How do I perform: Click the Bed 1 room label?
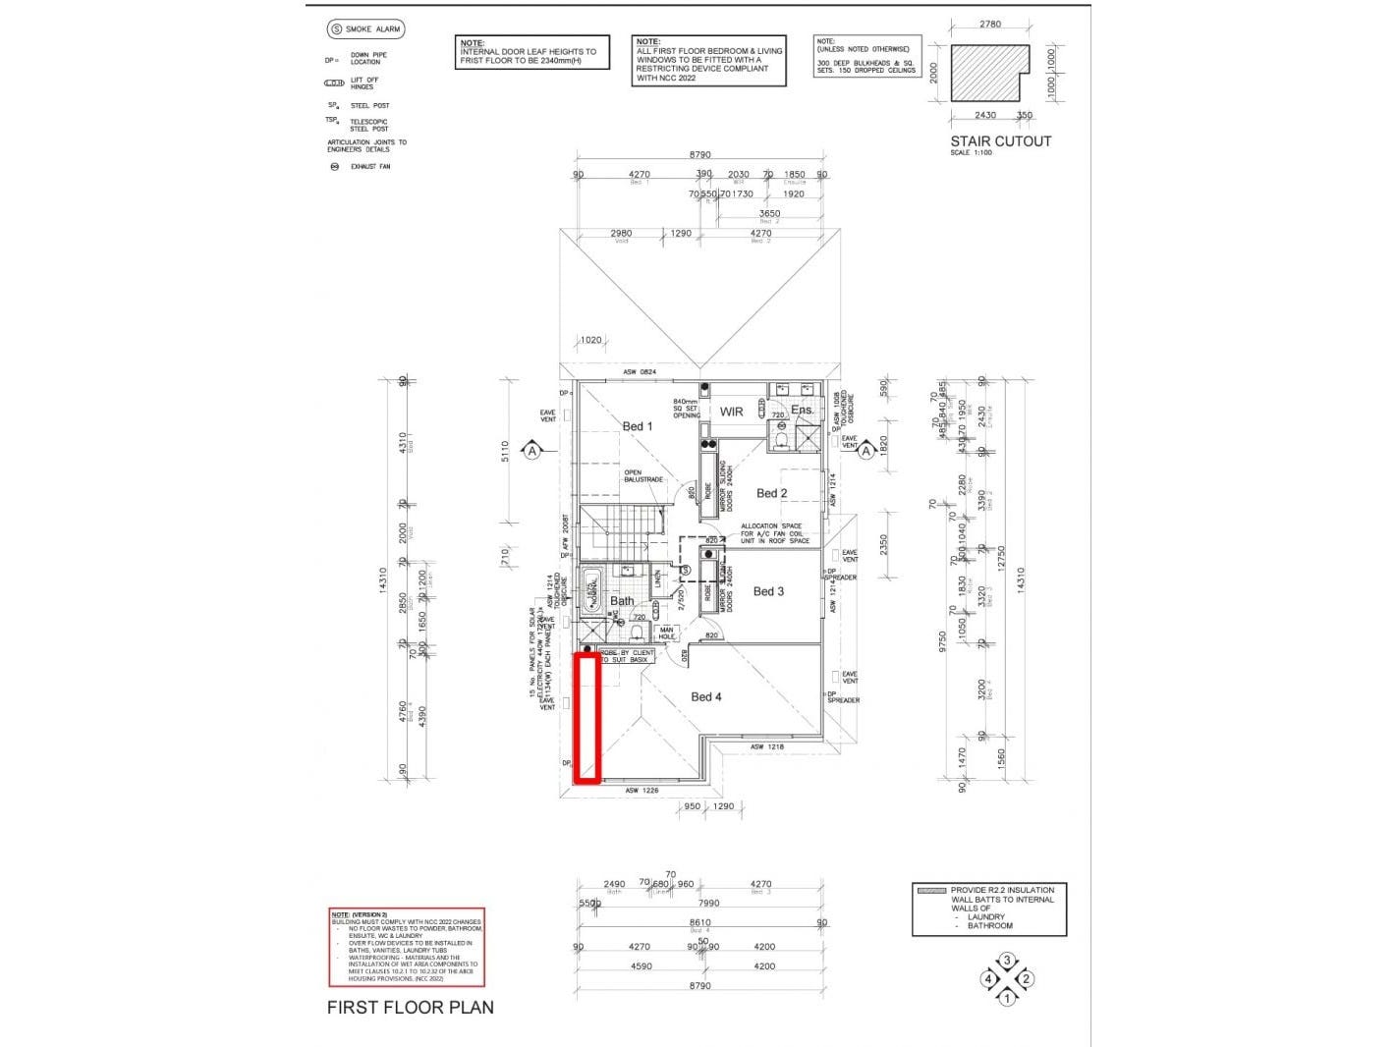tap(637, 426)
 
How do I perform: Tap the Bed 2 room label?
tap(771, 493)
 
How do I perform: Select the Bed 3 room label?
tap(768, 591)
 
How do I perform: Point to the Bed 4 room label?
tap(706, 696)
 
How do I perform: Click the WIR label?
tap(732, 412)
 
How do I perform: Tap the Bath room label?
tap(622, 601)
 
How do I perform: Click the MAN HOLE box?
tap(667, 634)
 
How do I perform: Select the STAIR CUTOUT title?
tap(1000, 141)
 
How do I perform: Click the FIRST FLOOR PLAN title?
tap(410, 1007)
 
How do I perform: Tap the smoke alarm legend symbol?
tap(337, 29)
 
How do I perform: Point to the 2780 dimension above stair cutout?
tap(990, 24)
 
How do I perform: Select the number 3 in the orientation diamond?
tap(1006, 960)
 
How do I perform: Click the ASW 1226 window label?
tap(642, 790)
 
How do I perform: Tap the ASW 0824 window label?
tap(640, 372)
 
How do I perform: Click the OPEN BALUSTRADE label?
tap(643, 475)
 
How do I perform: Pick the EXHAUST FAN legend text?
tap(369, 167)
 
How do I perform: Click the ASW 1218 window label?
tap(767, 747)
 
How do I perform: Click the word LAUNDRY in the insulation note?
tap(985, 916)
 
